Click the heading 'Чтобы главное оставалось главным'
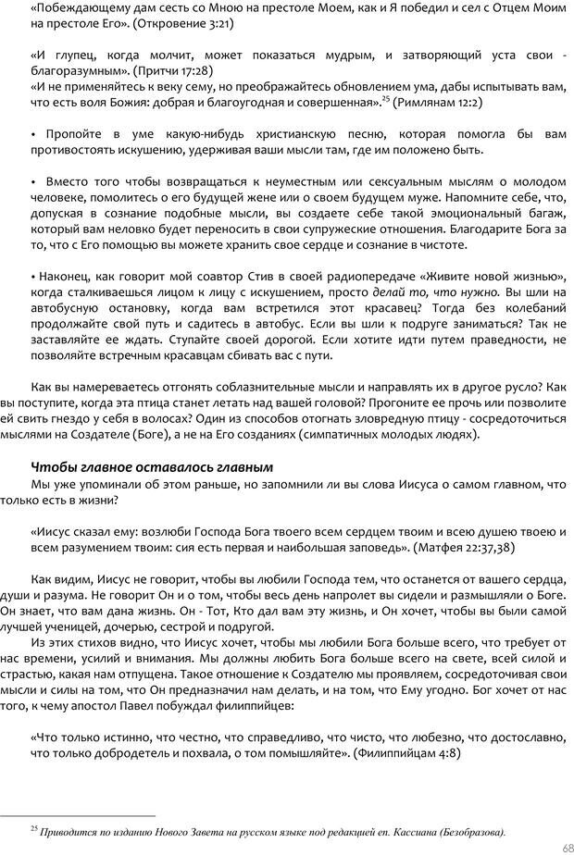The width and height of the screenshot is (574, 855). tap(152, 465)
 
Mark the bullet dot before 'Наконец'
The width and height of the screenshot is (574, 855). tap(33, 275)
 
